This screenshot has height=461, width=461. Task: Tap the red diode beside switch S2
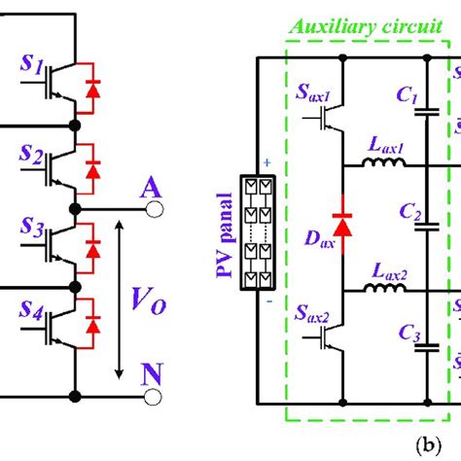point(94,169)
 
